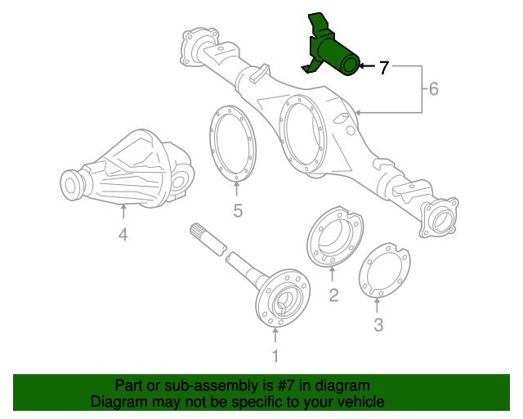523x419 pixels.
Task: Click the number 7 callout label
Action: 383,68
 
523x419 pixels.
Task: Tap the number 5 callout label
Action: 238,211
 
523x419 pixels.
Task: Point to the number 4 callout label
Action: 123,236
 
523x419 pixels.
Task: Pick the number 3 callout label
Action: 378,326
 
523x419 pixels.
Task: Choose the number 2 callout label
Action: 333,295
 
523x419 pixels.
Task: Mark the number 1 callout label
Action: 275,355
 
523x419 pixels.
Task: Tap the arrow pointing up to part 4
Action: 123,214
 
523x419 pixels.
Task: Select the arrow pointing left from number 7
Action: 366,65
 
